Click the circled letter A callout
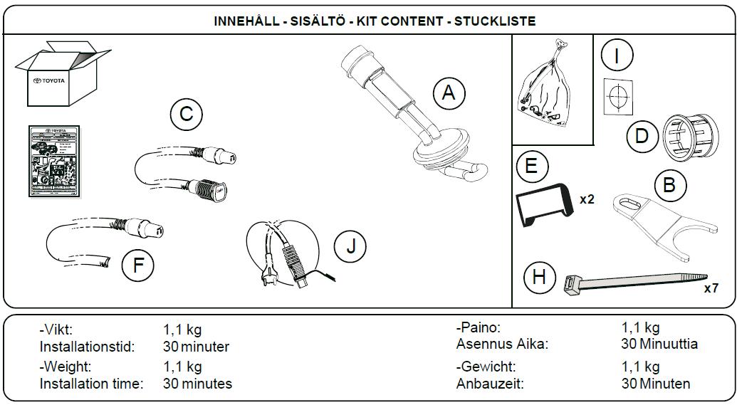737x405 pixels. tap(448, 94)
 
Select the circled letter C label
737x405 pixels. tap(187, 114)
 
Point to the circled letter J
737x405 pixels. tap(350, 246)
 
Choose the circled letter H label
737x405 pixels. tap(539, 276)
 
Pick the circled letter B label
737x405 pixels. tap(669, 186)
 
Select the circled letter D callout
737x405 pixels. tap(642, 135)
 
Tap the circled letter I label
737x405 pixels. tap(617, 53)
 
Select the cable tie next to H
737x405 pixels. tap(634, 283)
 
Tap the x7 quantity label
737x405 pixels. tap(711, 288)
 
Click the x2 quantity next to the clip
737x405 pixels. tap(587, 199)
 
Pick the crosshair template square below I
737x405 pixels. tap(618, 96)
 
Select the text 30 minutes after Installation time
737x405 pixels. tap(197, 384)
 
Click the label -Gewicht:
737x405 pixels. tap(486, 367)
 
